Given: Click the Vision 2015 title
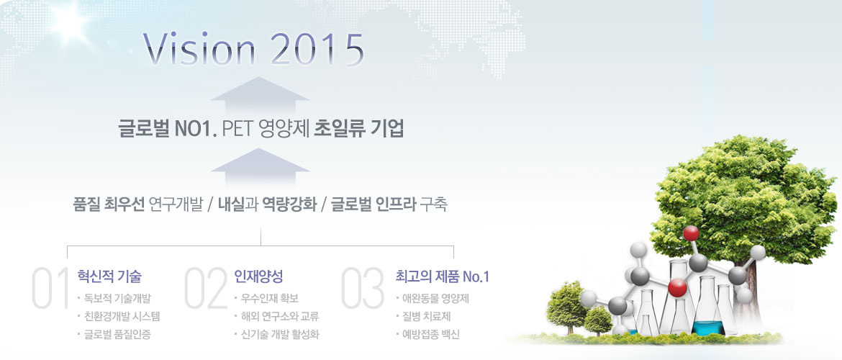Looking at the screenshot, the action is coord(253,50).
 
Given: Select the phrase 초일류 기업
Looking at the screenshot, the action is coord(358,130).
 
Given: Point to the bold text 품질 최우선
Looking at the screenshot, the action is coord(109,205).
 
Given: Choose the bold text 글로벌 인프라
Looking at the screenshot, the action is coord(374,205).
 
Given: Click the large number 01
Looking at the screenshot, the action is coord(50,288).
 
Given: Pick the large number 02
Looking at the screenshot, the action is coord(206,288).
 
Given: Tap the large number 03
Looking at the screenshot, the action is coord(363,288).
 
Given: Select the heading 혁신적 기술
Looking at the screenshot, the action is coord(109,276).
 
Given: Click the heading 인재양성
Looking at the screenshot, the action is coord(258,276).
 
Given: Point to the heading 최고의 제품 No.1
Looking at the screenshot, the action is coord(442,276).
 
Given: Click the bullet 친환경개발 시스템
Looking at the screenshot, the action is coord(122,317).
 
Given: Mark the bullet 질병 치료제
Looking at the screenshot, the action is coord(425,317).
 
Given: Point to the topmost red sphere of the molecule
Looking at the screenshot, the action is coord(691,233).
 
